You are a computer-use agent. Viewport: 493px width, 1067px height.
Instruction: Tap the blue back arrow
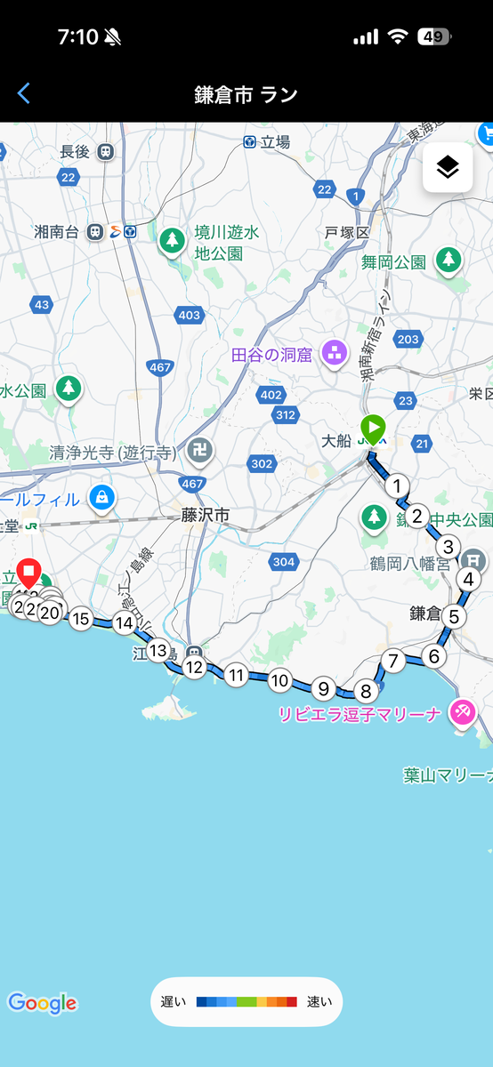click(x=24, y=93)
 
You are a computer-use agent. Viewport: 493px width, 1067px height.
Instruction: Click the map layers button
click(x=447, y=166)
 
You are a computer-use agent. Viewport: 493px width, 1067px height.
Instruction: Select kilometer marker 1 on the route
click(x=397, y=485)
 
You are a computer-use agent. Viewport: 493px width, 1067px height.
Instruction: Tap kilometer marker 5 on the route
click(x=454, y=616)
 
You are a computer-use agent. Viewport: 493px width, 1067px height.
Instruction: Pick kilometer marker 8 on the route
click(x=365, y=691)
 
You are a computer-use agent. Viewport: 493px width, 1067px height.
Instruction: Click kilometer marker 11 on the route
click(x=236, y=675)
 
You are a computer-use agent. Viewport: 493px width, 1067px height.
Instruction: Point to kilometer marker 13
click(x=158, y=650)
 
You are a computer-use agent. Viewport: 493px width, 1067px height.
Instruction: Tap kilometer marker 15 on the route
click(x=81, y=619)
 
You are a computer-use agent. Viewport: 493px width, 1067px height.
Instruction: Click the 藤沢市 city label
click(x=205, y=515)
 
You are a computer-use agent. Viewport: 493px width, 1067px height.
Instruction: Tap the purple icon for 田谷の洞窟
click(x=335, y=353)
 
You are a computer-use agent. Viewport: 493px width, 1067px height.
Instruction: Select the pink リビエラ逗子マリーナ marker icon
click(x=462, y=710)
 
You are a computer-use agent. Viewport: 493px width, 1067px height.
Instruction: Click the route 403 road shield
click(x=189, y=315)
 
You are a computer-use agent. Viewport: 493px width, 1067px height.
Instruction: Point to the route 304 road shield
click(x=283, y=561)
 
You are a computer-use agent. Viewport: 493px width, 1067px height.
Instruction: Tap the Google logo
click(x=42, y=1003)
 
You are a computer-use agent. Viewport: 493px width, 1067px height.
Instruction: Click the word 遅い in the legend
click(x=174, y=1002)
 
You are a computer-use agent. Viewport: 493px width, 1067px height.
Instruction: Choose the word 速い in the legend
click(x=319, y=1002)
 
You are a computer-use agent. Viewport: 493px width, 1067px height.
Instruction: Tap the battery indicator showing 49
click(x=434, y=37)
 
